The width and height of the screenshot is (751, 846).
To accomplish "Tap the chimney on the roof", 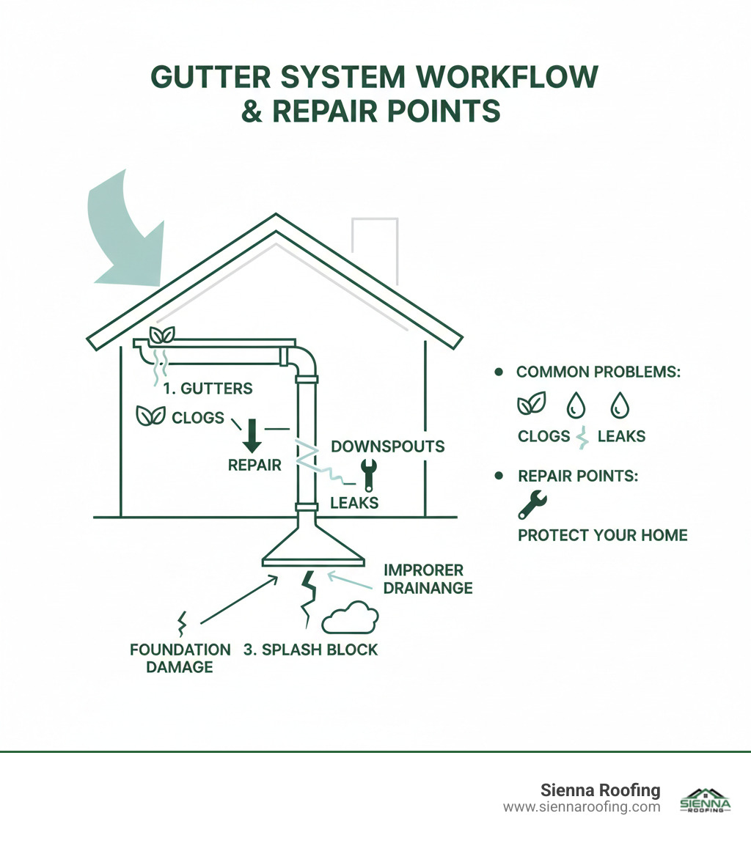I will click(x=375, y=246).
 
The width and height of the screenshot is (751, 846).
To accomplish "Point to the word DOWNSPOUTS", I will click(x=387, y=446).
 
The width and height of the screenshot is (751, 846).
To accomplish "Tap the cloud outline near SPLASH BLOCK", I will click(x=350, y=617).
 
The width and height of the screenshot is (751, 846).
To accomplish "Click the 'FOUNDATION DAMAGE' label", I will click(x=180, y=658).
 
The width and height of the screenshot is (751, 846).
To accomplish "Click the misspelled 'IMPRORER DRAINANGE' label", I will click(x=428, y=578).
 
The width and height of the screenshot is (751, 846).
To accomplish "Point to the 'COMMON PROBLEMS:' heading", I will click(x=598, y=372).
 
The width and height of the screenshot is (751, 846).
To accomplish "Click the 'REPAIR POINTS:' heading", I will click(x=577, y=475).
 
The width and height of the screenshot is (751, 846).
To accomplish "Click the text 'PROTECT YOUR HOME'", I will click(x=602, y=535).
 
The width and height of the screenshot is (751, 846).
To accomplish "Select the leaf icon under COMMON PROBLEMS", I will click(x=530, y=406).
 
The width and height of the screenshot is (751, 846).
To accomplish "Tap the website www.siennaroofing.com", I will click(x=582, y=807).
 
